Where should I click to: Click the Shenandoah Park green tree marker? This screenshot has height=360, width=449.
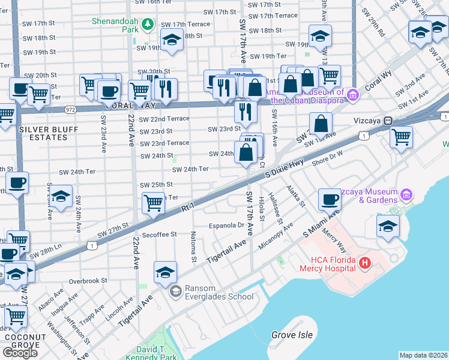pyautogui.click(x=148, y=24)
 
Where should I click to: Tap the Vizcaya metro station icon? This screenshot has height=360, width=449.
pyautogui.click(x=388, y=120)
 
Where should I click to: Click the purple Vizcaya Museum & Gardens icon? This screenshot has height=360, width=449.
pyautogui.click(x=407, y=195)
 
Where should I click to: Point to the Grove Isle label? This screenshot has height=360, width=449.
pyautogui.click(x=292, y=335)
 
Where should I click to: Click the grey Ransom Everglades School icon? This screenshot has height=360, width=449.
pyautogui.click(x=175, y=292)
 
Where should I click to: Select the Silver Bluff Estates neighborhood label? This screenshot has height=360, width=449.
pyautogui.click(x=43, y=133)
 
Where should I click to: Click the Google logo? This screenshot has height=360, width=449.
pyautogui.click(x=20, y=352)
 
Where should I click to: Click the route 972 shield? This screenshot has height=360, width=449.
pyautogui.click(x=71, y=110)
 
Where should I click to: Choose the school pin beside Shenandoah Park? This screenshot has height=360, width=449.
pyautogui.click(x=172, y=40)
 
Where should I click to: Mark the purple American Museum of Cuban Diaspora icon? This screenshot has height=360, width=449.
pyautogui.click(x=353, y=94)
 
